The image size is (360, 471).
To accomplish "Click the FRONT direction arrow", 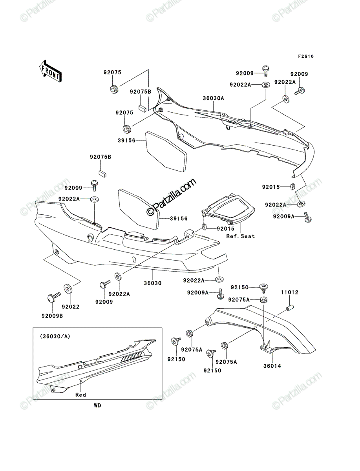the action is click(x=51, y=71).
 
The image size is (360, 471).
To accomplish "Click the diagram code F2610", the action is click(x=306, y=57).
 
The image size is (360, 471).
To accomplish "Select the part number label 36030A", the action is click(x=214, y=98).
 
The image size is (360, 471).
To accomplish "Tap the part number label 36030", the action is click(x=153, y=283).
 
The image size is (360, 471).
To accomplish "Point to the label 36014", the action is click(x=272, y=366).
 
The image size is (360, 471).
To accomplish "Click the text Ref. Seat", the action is click(x=241, y=236).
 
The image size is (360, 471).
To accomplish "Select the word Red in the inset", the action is click(x=80, y=395).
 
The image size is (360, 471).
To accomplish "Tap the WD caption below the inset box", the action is click(x=97, y=405).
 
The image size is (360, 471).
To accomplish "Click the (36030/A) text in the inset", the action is click(x=55, y=336).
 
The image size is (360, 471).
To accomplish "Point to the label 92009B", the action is click(x=52, y=316).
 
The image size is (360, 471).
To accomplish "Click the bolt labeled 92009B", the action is click(x=53, y=297).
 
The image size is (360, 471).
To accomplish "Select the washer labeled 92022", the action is click(x=68, y=289).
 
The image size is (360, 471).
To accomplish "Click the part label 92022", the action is click(x=71, y=307).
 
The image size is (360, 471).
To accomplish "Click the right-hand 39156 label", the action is click(x=179, y=219).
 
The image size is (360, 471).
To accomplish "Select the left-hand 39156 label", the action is click(x=126, y=141).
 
